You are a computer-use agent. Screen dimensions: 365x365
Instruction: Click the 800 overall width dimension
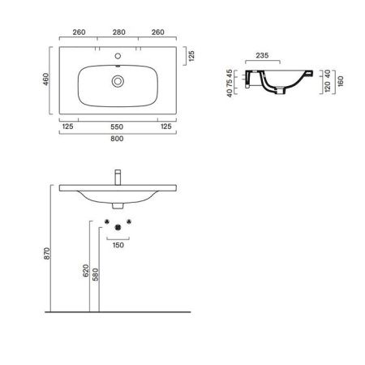tap(117, 139)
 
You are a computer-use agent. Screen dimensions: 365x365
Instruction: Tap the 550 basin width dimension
tap(117, 127)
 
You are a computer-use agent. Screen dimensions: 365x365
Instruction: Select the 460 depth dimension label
tap(46, 79)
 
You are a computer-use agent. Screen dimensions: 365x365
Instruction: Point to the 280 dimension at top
tap(119, 32)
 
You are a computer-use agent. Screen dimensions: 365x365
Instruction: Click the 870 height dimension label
tap(47, 253)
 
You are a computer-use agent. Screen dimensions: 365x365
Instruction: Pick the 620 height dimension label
tap(86, 271)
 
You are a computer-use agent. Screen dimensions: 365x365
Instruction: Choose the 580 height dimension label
tap(96, 274)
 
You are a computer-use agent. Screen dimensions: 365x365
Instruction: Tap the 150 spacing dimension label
tap(118, 245)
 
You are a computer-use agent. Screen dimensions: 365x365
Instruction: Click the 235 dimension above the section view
tap(262, 55)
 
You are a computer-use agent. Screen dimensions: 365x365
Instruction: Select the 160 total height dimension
tap(341, 81)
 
